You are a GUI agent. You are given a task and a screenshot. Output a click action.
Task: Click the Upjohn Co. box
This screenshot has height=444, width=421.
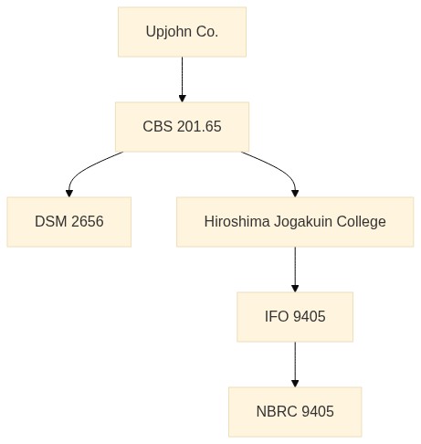[182, 32]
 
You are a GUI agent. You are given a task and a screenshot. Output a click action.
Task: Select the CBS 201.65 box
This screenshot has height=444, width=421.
[182, 127]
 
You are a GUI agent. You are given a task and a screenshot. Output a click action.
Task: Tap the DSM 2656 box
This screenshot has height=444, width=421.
[69, 222]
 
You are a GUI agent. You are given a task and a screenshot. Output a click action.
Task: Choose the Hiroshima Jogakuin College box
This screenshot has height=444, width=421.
[295, 222]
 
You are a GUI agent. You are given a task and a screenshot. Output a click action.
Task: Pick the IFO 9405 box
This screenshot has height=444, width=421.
[295, 317]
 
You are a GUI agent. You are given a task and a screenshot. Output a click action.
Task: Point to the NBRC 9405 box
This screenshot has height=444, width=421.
[295, 412]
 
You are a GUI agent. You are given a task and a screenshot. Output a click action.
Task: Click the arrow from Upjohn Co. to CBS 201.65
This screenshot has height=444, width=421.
[183, 79]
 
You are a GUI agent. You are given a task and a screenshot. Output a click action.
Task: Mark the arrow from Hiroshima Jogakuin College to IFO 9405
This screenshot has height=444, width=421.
[295, 270]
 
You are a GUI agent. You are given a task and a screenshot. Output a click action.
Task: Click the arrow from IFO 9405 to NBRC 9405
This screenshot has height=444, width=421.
[295, 365]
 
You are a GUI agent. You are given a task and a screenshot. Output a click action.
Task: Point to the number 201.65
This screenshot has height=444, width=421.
[199, 127]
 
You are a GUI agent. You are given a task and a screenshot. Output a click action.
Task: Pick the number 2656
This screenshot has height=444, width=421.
[88, 221]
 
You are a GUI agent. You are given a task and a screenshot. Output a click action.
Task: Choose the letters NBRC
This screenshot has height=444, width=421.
[277, 411]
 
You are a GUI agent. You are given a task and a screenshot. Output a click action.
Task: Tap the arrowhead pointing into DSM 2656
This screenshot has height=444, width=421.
[69, 194]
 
